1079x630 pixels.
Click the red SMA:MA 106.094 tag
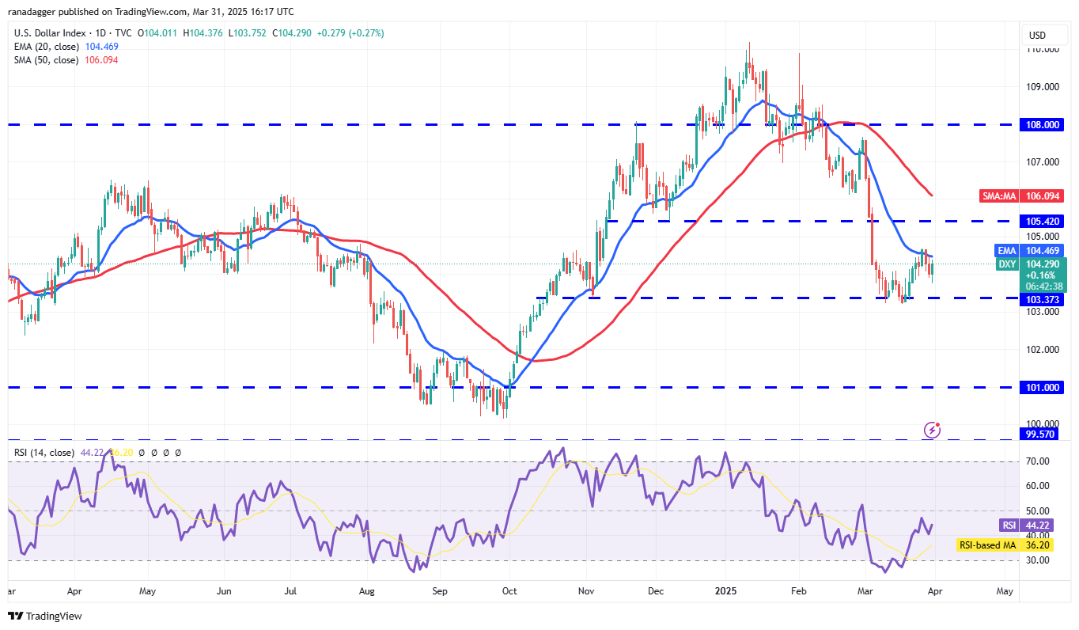point(1028,195)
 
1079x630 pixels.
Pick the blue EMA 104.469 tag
point(1029,250)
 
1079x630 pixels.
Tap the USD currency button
point(1036,35)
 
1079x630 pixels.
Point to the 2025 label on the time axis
point(725,590)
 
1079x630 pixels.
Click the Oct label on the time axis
point(509,590)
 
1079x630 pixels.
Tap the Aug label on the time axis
point(366,590)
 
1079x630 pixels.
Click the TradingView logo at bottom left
point(46,616)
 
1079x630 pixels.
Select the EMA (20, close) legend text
point(46,47)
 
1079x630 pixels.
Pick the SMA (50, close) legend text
point(46,60)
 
